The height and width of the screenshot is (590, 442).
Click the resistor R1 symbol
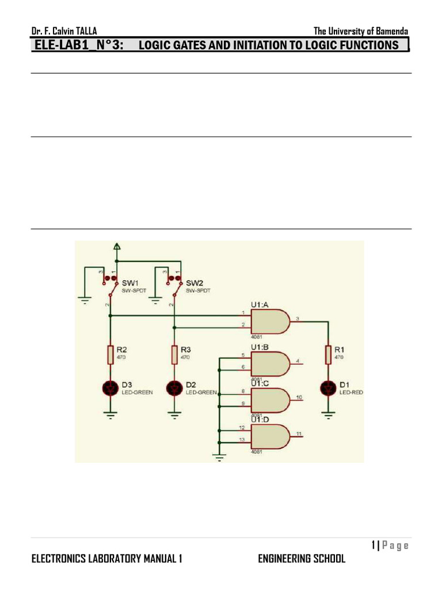pyautogui.click(x=328, y=354)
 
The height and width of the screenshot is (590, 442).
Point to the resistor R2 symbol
pyautogui.click(x=110, y=354)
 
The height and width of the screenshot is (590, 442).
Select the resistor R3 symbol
pyautogui.click(x=174, y=354)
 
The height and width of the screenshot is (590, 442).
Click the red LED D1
pyautogui.click(x=328, y=389)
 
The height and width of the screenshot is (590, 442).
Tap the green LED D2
pyautogui.click(x=174, y=389)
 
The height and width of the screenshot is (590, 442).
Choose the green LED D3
pyautogui.click(x=110, y=389)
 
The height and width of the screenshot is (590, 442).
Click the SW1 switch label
pyautogui.click(x=129, y=283)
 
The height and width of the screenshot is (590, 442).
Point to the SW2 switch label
pyautogui.click(x=193, y=283)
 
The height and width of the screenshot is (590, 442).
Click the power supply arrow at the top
pyautogui.click(x=117, y=248)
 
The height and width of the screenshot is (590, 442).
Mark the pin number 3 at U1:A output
pyautogui.click(x=297, y=318)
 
